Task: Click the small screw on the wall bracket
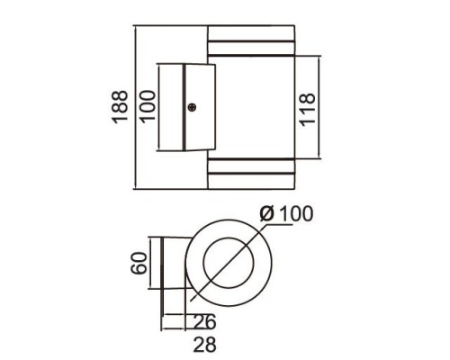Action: coord(193,108)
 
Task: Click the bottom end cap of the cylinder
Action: coord(252,180)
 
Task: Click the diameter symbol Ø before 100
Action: coord(265,215)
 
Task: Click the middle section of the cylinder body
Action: coord(252,108)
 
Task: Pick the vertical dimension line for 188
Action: coord(133,108)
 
